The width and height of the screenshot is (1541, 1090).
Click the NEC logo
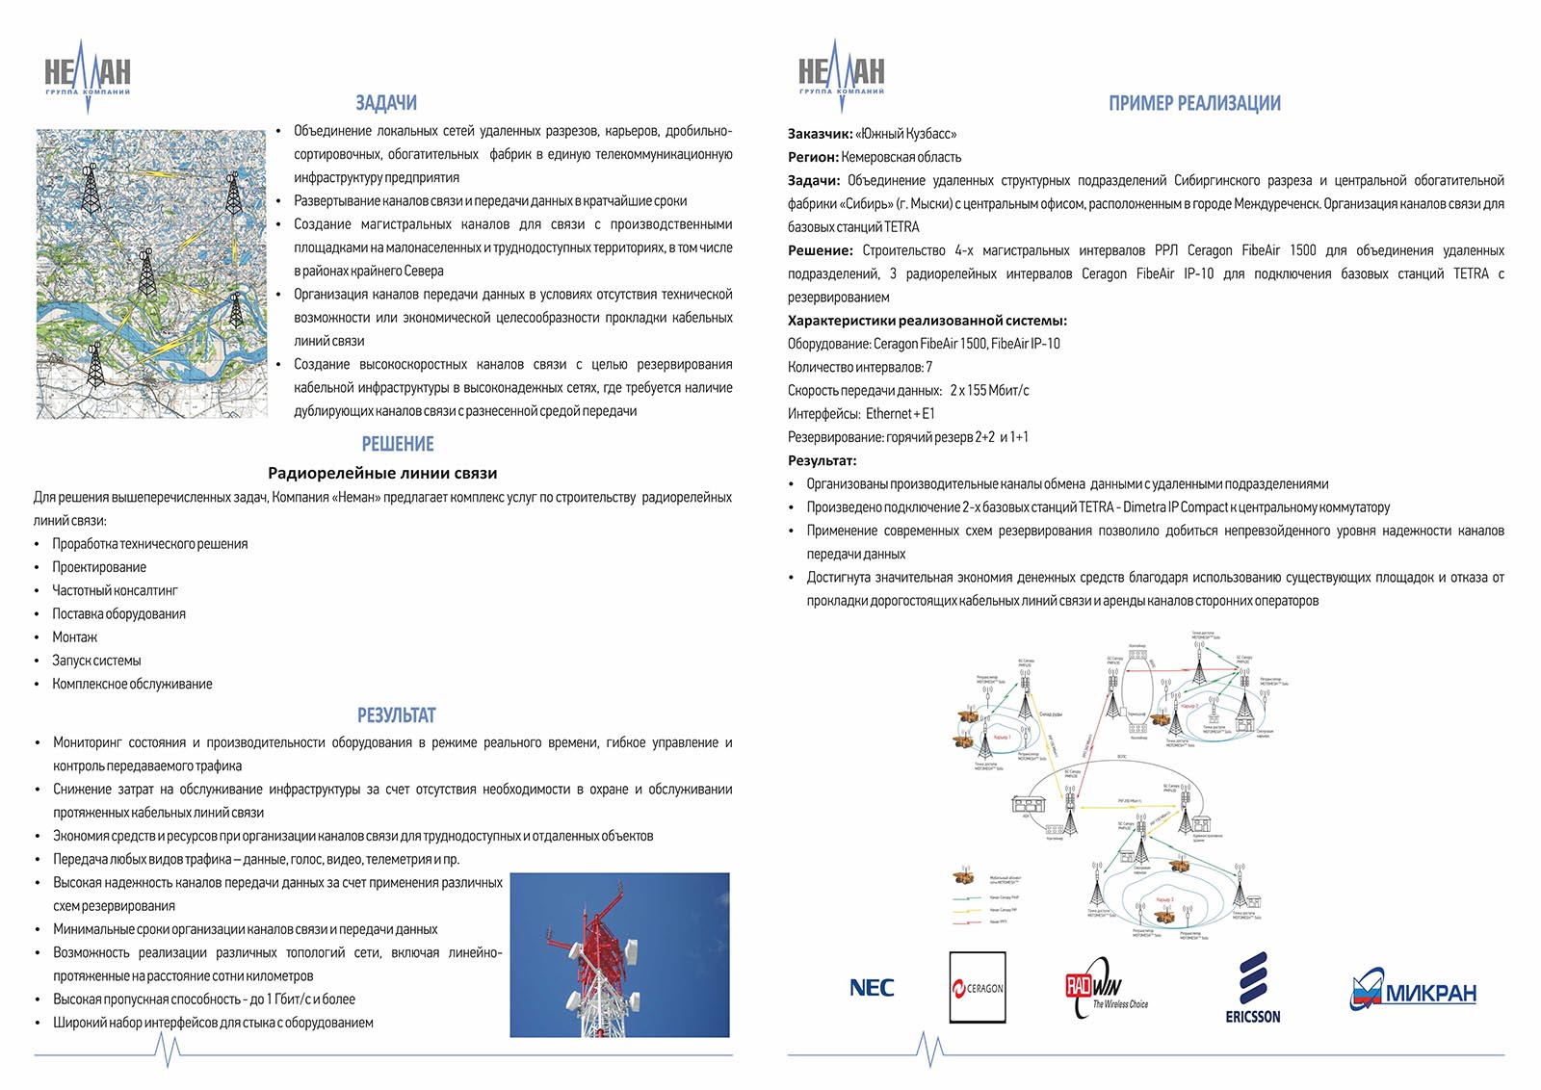coord(872,987)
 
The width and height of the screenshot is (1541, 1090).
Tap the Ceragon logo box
coord(978,987)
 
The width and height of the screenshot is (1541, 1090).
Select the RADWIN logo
coord(1106,988)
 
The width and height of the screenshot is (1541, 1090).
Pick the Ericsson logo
coord(1252,987)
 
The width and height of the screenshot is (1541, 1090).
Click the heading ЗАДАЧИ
coord(386,103)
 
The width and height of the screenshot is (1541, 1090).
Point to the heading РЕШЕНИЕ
coord(398,444)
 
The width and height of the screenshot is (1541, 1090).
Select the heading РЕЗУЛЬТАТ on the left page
coord(396,715)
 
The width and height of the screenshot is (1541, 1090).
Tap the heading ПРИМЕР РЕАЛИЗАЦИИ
coord(1194,103)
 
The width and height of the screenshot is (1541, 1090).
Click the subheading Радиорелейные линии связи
coord(382,473)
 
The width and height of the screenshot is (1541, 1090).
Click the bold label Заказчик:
coord(820,134)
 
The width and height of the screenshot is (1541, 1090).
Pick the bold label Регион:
coord(813,157)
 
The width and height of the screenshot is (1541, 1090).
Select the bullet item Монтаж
coord(75,637)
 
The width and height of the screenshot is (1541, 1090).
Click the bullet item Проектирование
coord(99,567)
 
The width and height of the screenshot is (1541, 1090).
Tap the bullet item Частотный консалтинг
coord(115,590)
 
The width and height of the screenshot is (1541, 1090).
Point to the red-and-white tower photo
coord(619,954)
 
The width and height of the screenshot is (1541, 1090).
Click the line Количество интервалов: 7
coord(860,367)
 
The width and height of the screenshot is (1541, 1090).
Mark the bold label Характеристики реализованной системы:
coord(927,321)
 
